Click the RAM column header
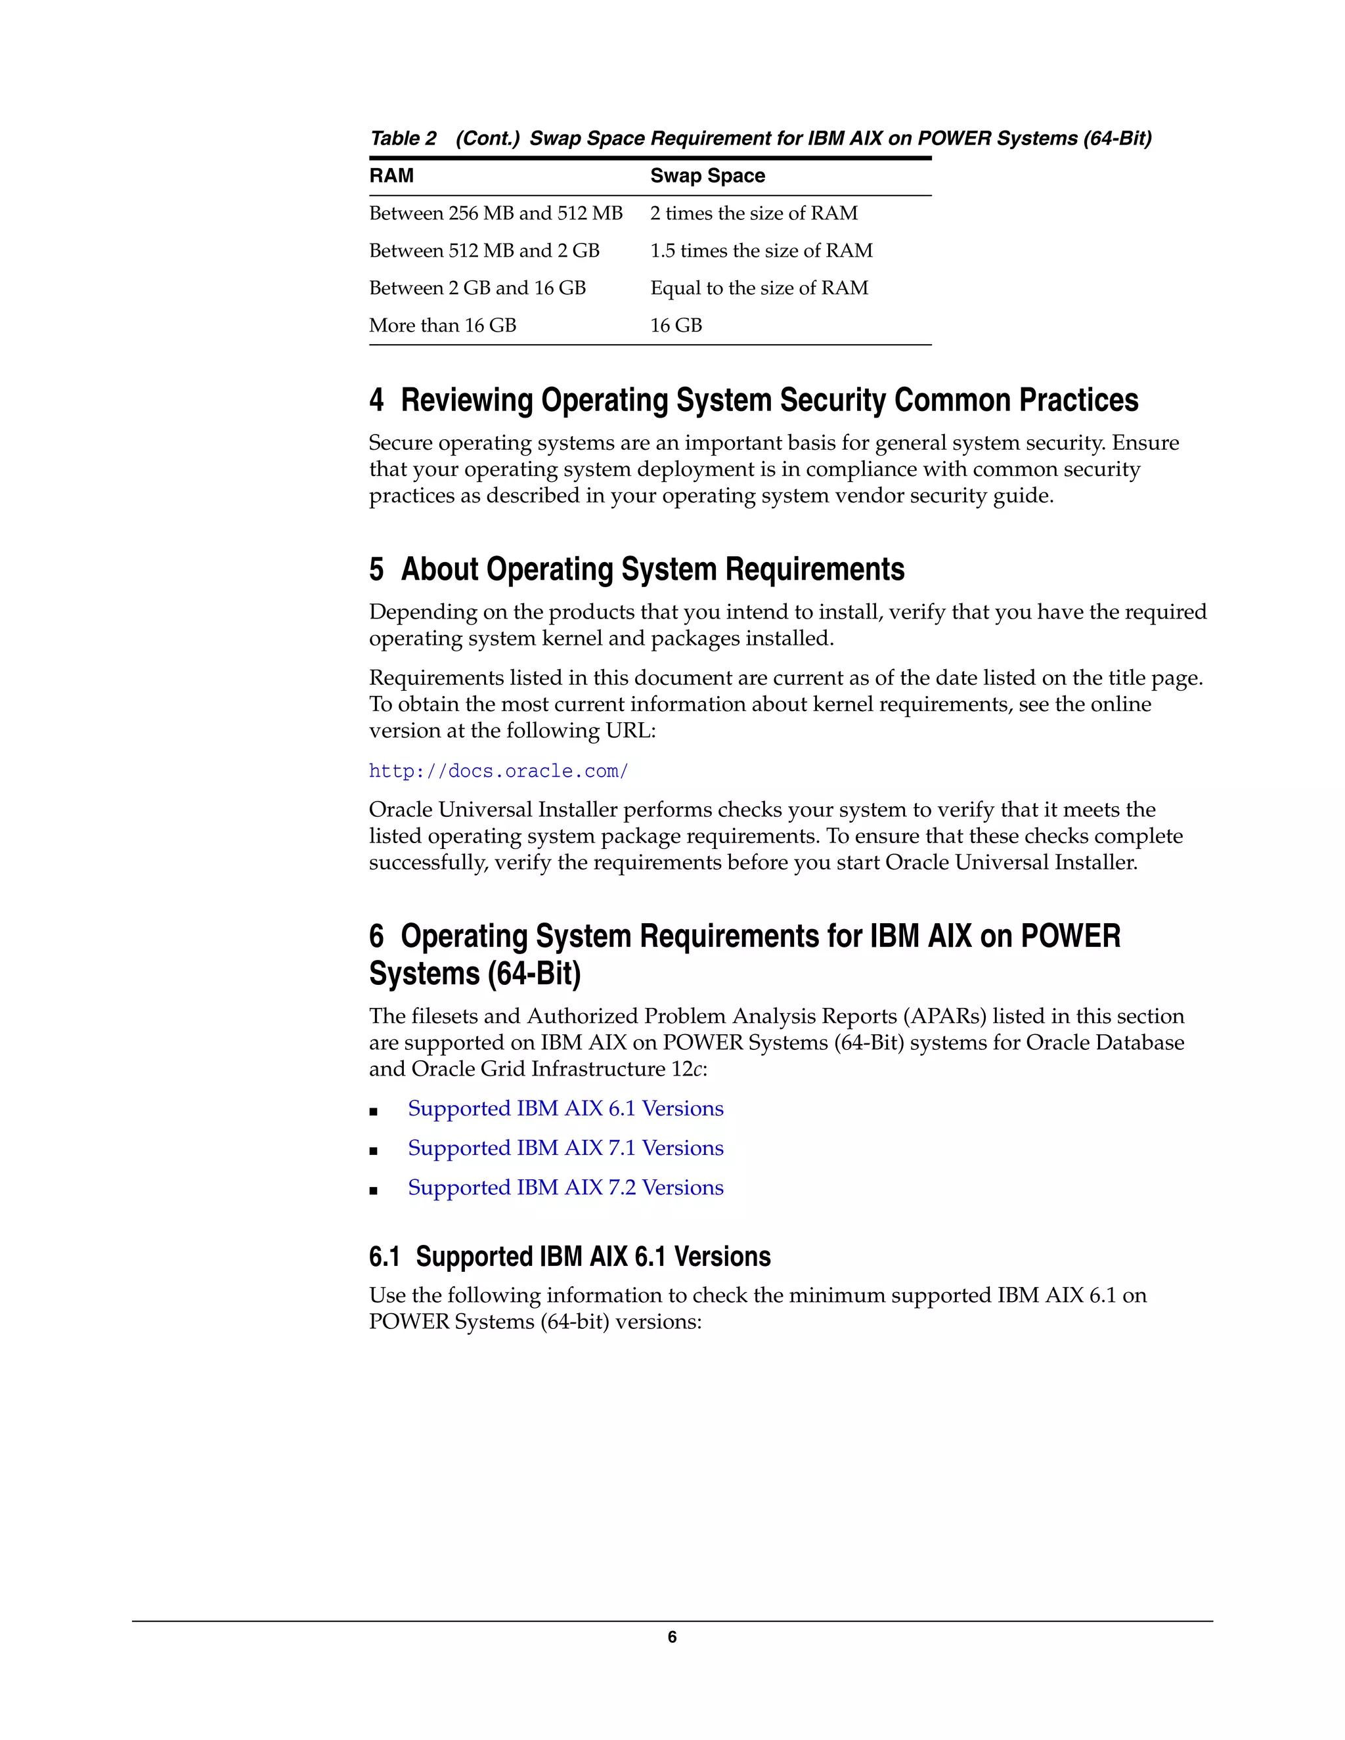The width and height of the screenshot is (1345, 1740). coord(391,176)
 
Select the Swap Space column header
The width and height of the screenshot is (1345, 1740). coord(707,176)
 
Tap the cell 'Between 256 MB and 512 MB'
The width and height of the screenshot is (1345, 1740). coord(496,213)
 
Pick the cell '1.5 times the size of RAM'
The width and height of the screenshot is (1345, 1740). coord(761,251)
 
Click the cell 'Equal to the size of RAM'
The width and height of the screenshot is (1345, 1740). coord(759,288)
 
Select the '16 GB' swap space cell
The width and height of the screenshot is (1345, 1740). coord(676,326)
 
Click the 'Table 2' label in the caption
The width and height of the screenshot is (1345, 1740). coord(403,139)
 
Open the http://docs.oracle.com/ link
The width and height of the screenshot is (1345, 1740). coord(498,772)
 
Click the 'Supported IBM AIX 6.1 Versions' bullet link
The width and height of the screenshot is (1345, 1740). coord(565,1109)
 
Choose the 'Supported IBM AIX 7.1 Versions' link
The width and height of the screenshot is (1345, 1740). coord(565,1148)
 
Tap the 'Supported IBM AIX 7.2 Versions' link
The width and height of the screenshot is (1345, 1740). coord(565,1188)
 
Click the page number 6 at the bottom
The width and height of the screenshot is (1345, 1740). coord(672,1637)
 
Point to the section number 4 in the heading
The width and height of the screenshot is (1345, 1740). coord(376,401)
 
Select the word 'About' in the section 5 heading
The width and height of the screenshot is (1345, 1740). coord(439,570)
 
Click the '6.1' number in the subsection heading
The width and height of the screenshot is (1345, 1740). coord(384,1257)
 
